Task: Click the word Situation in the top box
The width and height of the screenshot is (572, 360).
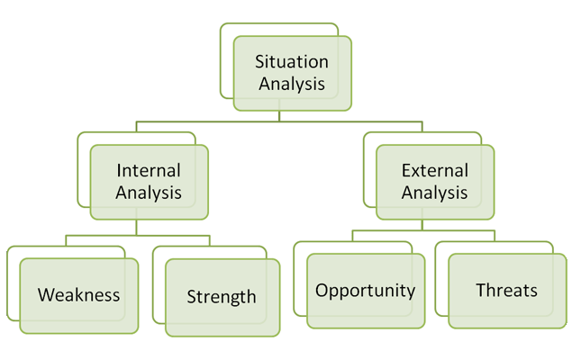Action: (x=292, y=61)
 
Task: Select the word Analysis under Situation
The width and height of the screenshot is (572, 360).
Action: (x=292, y=84)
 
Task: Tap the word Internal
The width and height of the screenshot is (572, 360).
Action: (x=149, y=170)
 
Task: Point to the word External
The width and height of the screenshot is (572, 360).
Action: (x=435, y=170)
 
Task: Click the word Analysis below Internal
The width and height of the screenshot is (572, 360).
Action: (x=149, y=193)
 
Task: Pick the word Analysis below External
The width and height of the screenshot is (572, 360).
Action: (x=434, y=193)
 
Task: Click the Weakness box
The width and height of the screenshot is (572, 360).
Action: (x=78, y=295)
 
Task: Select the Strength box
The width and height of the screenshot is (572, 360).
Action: (x=222, y=297)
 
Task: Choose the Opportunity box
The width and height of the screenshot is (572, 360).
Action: (x=366, y=291)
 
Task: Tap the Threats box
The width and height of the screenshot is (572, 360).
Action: (x=507, y=291)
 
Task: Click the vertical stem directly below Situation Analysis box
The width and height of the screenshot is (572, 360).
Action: (x=279, y=116)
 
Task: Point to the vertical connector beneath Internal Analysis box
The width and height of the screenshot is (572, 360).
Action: (x=136, y=228)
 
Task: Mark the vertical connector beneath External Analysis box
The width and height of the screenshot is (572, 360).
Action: (x=422, y=225)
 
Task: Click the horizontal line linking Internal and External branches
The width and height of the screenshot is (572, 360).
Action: (x=279, y=121)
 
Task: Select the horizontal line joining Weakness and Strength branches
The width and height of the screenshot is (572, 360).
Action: (x=138, y=236)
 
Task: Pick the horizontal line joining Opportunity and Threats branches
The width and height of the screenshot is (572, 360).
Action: (x=423, y=230)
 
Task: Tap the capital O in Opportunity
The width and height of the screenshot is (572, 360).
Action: (x=322, y=291)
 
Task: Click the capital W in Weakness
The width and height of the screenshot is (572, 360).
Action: (x=47, y=294)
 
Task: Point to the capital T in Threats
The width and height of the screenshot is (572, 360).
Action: (x=481, y=290)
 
